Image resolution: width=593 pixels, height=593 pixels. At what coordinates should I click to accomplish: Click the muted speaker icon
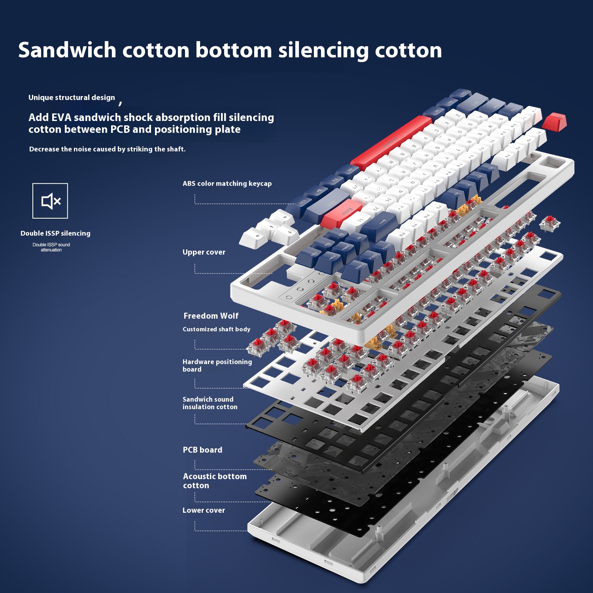pyautogui.click(x=50, y=201)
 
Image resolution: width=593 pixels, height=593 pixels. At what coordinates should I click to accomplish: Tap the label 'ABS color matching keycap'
pyautogui.click(x=227, y=183)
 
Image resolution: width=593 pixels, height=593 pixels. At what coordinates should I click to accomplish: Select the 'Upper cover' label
pyautogui.click(x=204, y=252)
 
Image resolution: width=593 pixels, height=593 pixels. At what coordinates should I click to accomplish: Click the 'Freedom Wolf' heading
pyautogui.click(x=211, y=316)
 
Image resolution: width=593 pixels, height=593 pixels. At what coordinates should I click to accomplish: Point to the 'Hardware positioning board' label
pyautogui.click(x=217, y=365)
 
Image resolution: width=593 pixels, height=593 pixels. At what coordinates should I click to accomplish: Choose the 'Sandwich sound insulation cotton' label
pyautogui.click(x=210, y=403)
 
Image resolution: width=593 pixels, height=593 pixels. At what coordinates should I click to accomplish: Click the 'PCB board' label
pyautogui.click(x=202, y=450)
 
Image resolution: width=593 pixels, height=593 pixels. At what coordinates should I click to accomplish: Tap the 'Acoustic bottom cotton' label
pyautogui.click(x=215, y=481)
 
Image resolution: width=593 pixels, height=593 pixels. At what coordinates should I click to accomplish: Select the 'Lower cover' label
pyautogui.click(x=204, y=510)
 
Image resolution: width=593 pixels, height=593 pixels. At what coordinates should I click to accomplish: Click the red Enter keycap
pyautogui.click(x=342, y=213)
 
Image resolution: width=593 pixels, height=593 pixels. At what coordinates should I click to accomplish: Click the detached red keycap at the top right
pyautogui.click(x=554, y=121)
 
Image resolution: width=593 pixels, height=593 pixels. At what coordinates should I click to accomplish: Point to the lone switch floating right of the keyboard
pyautogui.click(x=550, y=224)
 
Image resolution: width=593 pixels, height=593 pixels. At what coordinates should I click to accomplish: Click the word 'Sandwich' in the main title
pyautogui.click(x=67, y=50)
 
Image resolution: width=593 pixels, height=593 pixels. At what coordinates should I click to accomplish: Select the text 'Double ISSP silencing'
pyautogui.click(x=55, y=233)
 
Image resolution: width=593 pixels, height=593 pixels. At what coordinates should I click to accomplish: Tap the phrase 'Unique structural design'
pyautogui.click(x=72, y=98)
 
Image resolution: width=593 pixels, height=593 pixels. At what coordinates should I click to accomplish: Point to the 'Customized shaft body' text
pyautogui.click(x=216, y=329)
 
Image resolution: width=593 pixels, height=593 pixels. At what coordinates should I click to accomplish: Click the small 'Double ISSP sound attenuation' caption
pyautogui.click(x=51, y=247)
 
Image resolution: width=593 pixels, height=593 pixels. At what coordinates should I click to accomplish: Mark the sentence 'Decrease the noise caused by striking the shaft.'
pyautogui.click(x=107, y=149)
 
